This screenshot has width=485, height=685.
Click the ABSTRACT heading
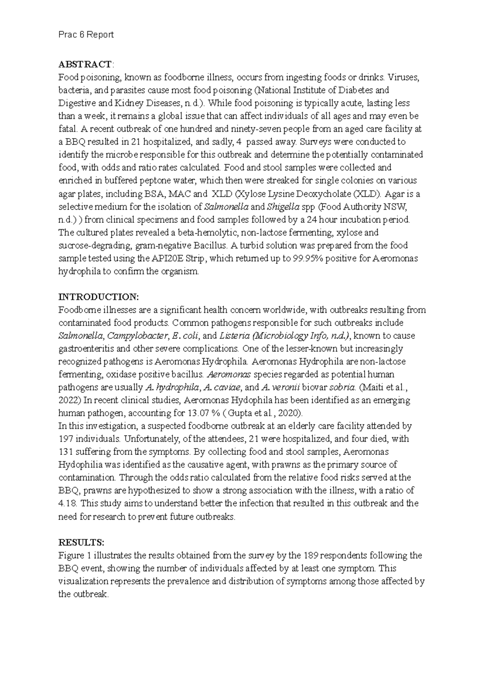coord(85,64)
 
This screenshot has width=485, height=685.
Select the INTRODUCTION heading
coord(98,297)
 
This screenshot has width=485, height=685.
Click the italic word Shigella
coord(283,207)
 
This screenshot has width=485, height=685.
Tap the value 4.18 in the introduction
coord(67,503)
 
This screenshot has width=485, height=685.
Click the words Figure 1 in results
coord(74,555)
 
